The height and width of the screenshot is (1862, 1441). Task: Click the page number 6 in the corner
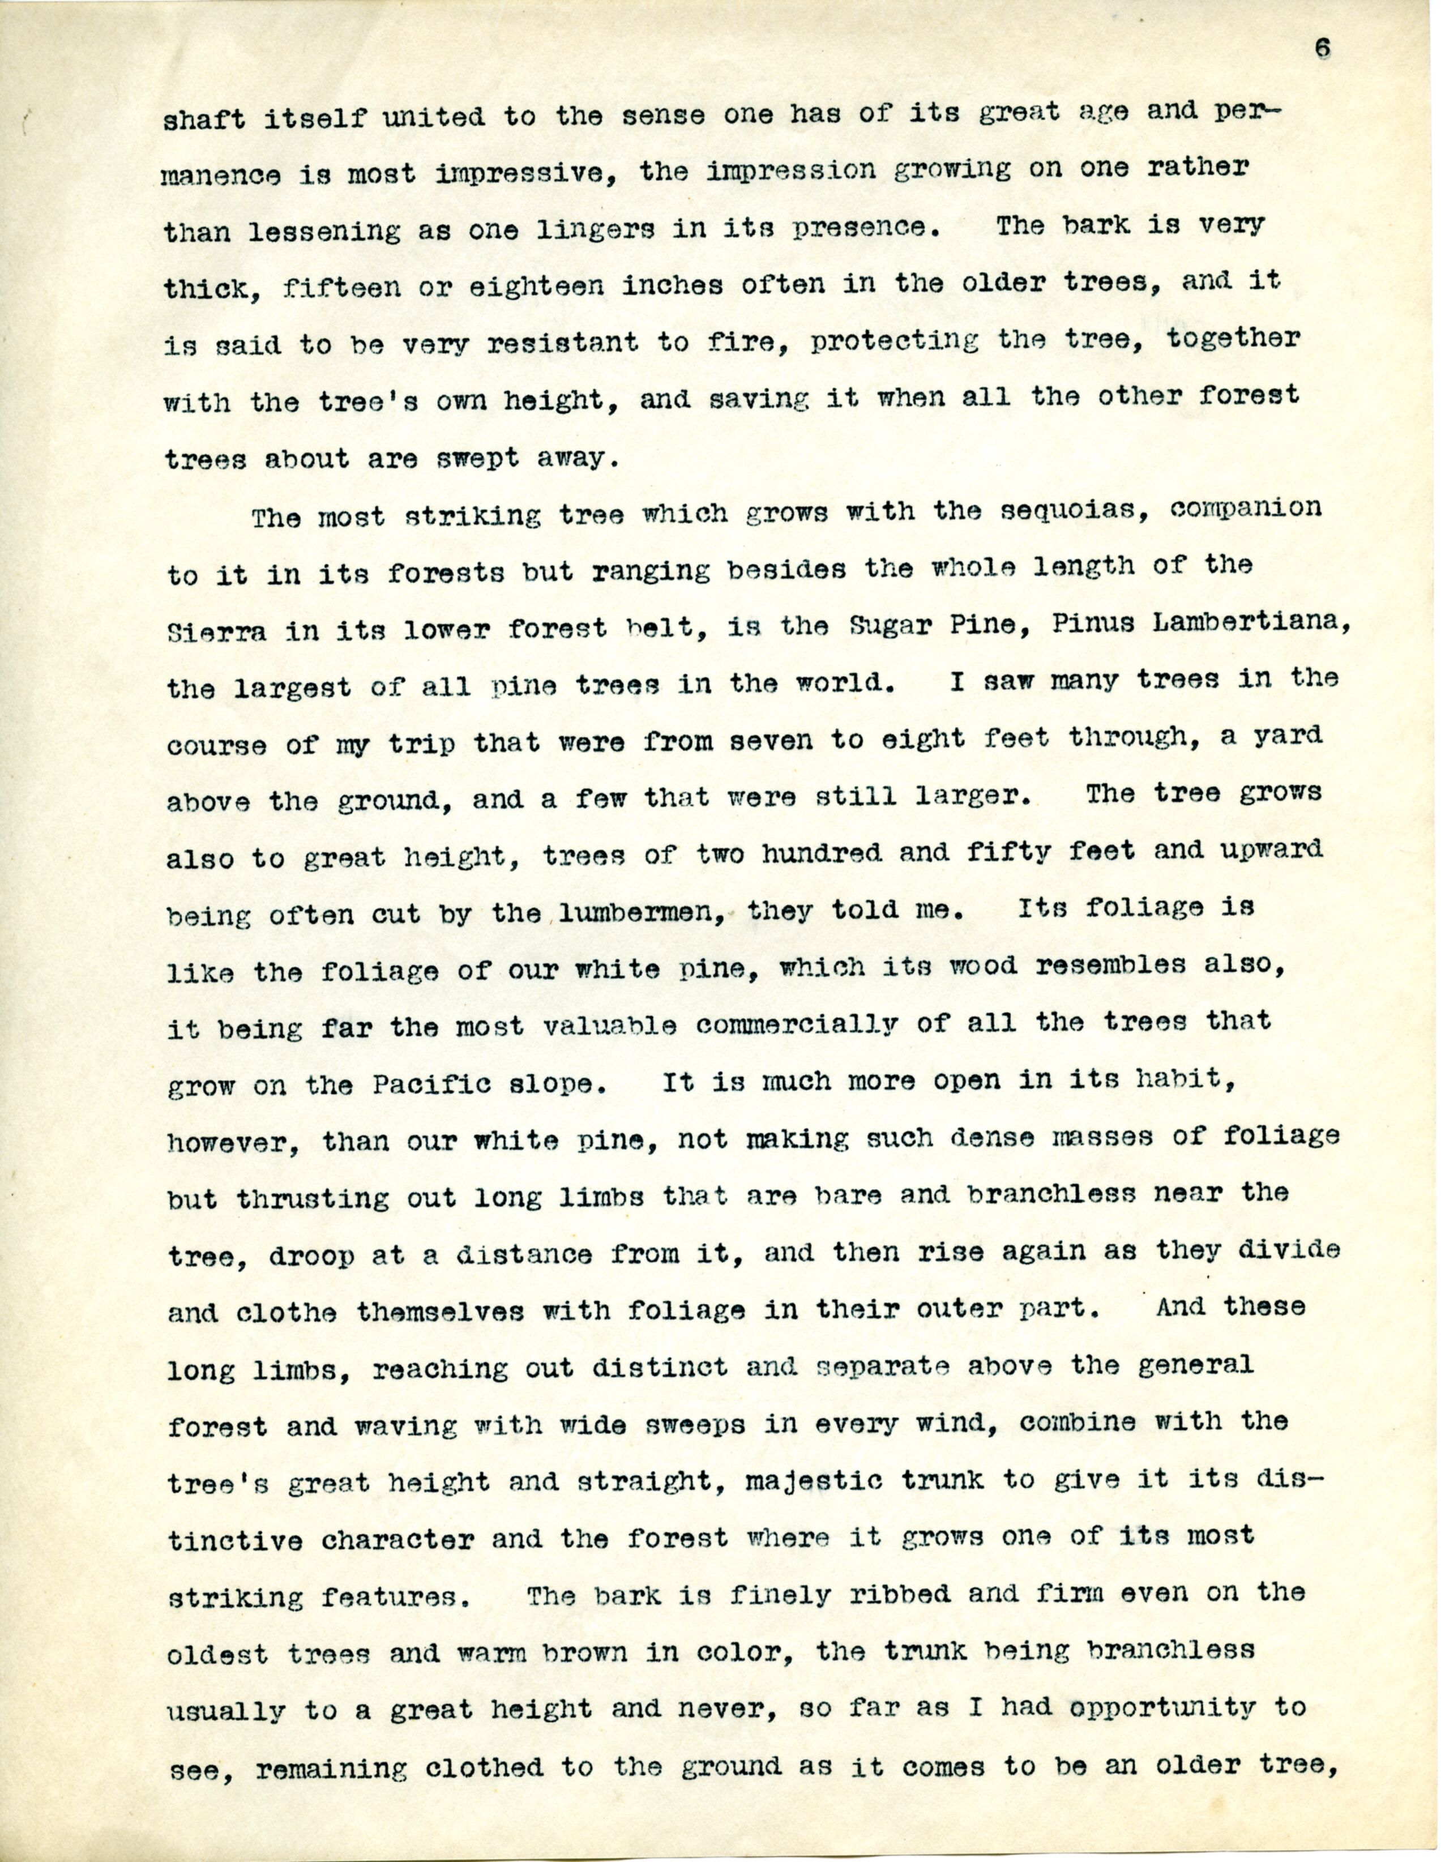coord(1322,49)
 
